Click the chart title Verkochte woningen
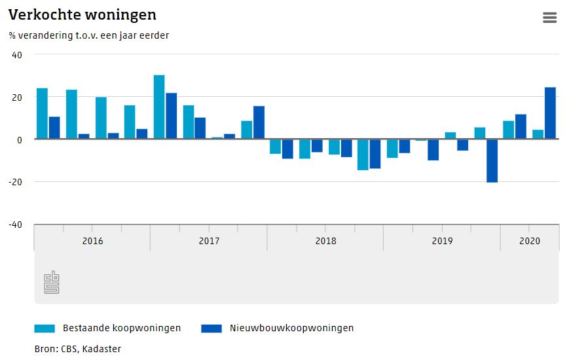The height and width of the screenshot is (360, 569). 83,14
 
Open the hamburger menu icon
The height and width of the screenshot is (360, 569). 549,18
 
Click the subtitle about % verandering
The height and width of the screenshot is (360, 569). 89,35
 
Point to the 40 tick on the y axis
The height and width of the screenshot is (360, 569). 17,55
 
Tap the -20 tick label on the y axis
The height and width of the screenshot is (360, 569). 16,182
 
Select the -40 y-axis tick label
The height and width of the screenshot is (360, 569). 16,224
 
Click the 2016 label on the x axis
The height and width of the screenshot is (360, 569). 92,241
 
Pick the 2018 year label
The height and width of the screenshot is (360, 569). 325,241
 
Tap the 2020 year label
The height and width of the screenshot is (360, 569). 529,241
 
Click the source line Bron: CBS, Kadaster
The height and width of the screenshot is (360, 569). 78,349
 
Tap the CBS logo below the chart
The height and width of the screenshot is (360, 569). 52,283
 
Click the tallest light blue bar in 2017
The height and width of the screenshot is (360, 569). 159,107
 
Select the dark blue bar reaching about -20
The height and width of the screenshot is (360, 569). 492,160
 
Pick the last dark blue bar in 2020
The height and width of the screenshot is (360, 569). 550,113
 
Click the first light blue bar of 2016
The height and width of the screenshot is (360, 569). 42,113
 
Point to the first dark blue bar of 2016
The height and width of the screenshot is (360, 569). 54,128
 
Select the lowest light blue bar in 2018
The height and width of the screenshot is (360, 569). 363,154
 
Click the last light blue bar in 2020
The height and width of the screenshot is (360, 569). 538,134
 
